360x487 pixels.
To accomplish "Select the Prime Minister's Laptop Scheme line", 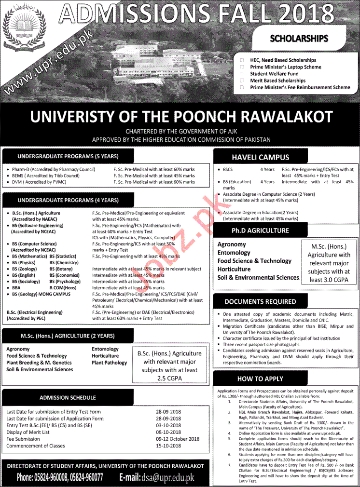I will click(x=285, y=67).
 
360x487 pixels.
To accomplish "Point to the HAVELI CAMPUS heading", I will click(x=260, y=157).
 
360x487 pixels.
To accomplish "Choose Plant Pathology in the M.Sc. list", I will click(x=109, y=363).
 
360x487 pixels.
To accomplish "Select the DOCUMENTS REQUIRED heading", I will click(x=260, y=302).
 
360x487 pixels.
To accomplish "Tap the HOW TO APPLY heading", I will click(x=260, y=379).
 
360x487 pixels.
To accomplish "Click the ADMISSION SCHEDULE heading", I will click(x=67, y=398).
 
